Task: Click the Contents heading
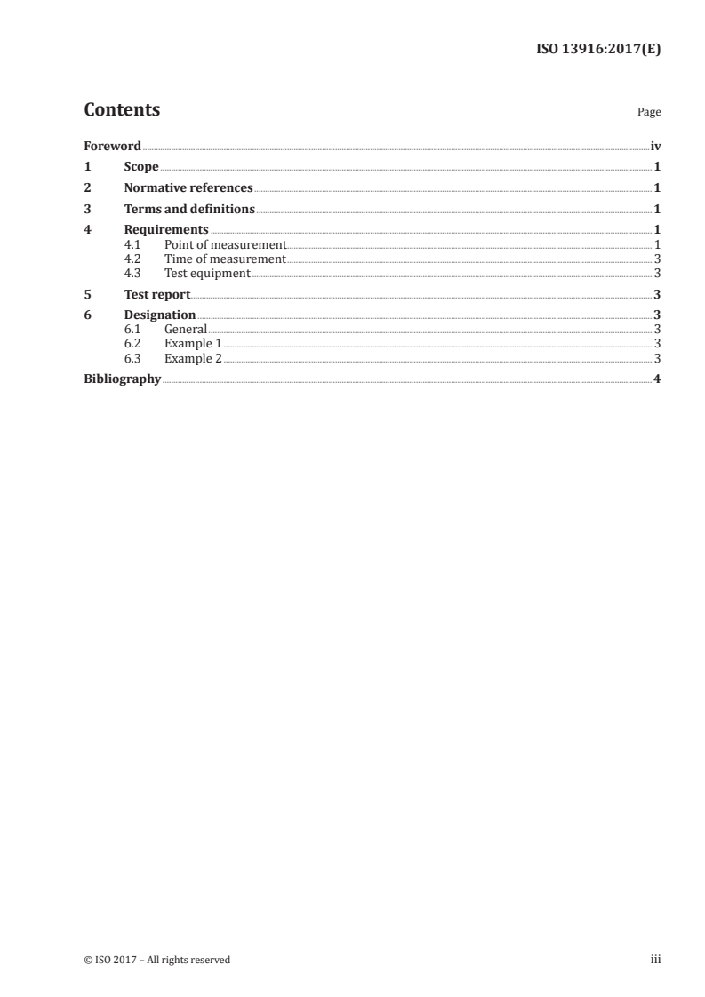point(122,110)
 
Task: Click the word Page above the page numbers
point(649,113)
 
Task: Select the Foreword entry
point(112,146)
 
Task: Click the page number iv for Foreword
point(655,146)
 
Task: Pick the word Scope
point(141,167)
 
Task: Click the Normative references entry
point(188,188)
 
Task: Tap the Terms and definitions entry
point(189,210)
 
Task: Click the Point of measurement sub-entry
point(225,244)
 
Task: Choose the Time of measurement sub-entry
point(225,259)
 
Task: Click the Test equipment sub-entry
point(207,273)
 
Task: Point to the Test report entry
point(157,294)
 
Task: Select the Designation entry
point(160,315)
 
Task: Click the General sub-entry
point(186,330)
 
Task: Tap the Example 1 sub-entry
point(193,344)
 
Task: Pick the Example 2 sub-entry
point(193,358)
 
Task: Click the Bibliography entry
point(122,379)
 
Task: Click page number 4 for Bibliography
point(656,379)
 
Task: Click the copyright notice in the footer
point(156,960)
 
